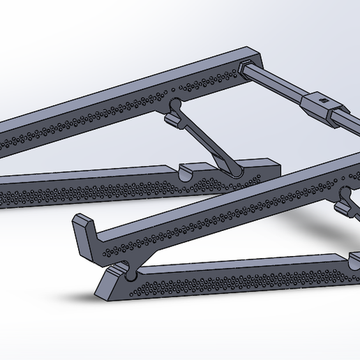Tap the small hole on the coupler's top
coord(324,99)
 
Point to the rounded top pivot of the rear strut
coord(173,107)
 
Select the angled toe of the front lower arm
coord(105,283)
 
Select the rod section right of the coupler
coord(349,119)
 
